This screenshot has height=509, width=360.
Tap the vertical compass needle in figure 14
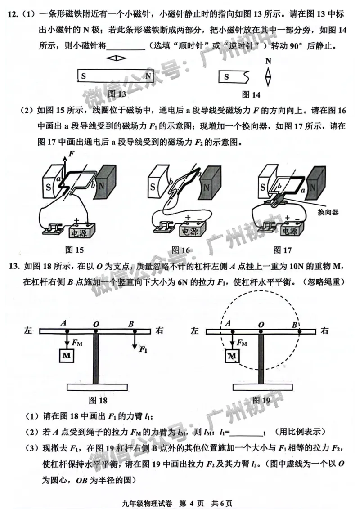click(x=269, y=76)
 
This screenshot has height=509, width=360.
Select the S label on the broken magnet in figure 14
click(x=226, y=77)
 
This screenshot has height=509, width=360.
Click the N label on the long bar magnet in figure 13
click(x=148, y=76)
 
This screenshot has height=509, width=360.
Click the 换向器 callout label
click(x=328, y=212)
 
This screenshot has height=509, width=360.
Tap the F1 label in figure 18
click(x=144, y=349)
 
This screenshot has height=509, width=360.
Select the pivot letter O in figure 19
click(x=261, y=324)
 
